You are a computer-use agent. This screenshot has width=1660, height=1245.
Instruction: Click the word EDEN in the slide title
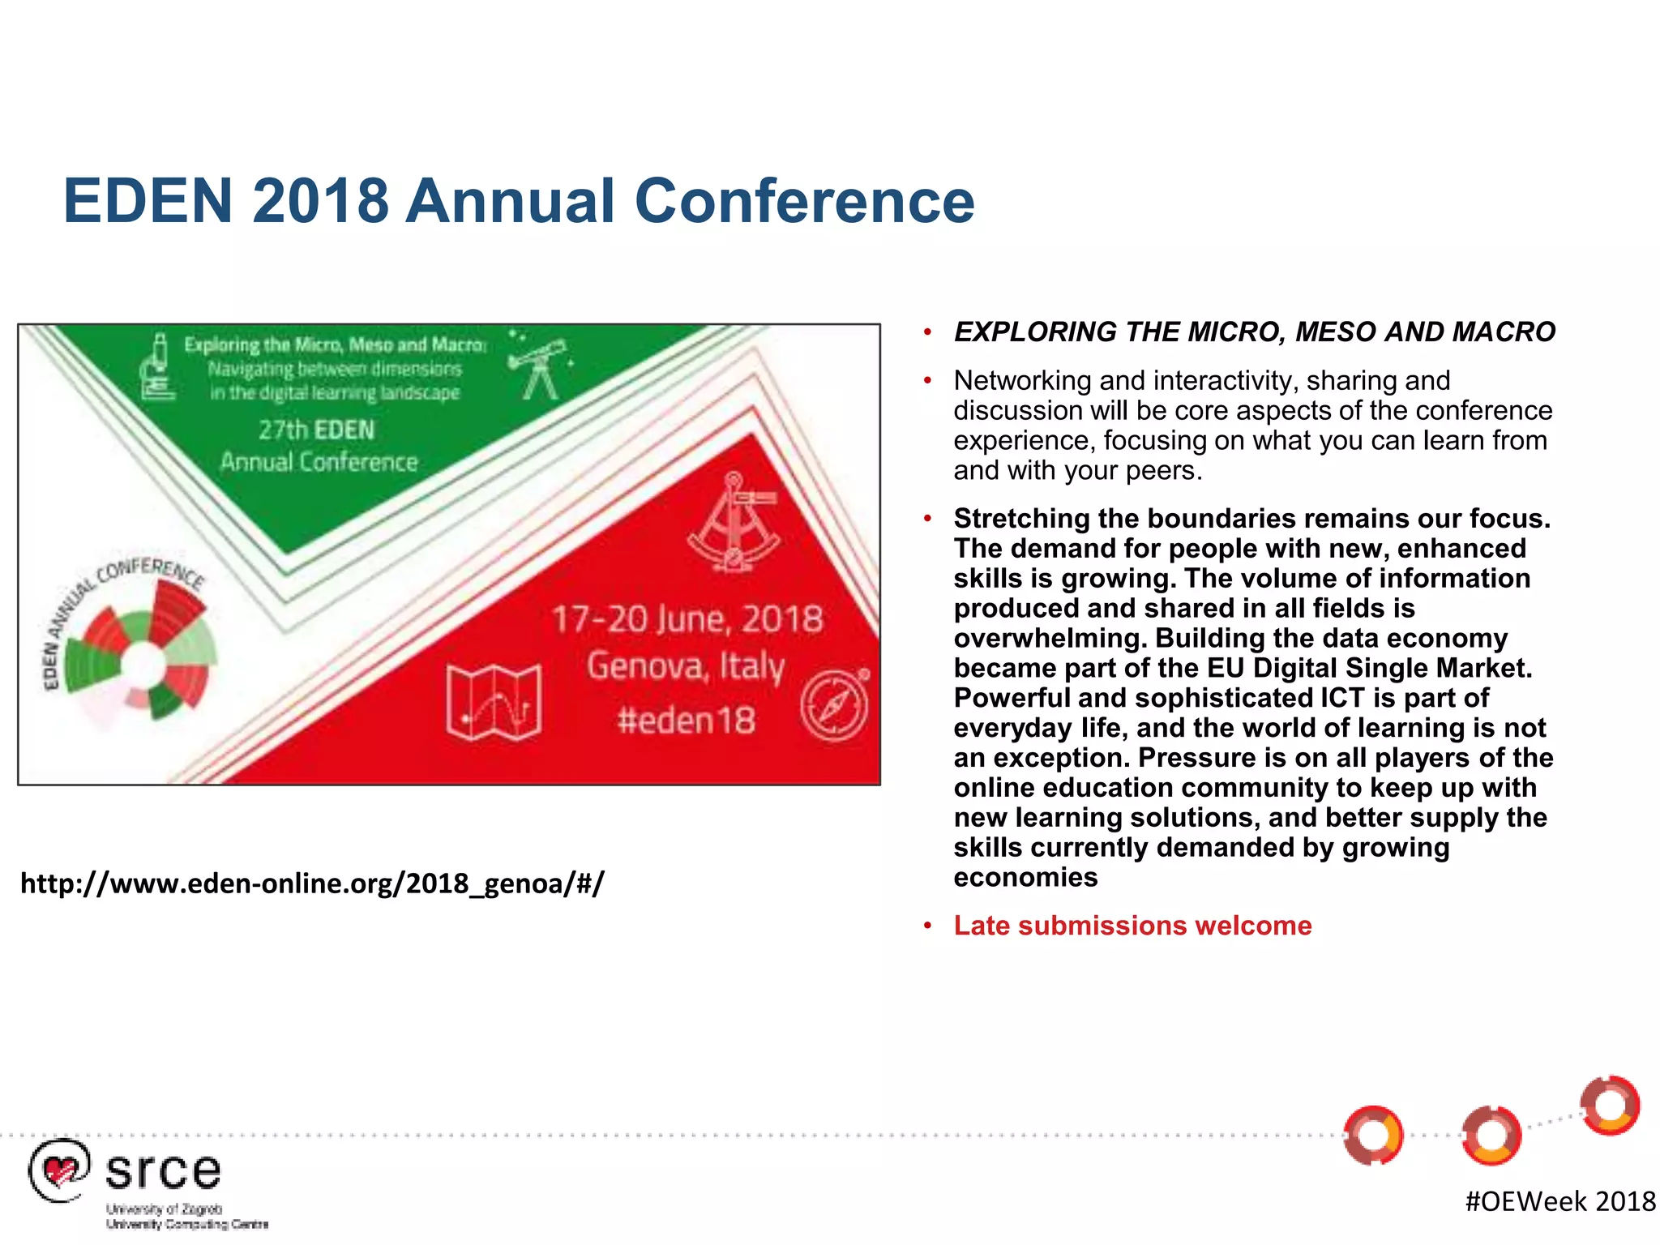point(148,201)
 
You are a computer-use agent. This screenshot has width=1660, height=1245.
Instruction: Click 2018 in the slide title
point(320,201)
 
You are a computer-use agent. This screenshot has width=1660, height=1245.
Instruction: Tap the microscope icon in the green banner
point(157,369)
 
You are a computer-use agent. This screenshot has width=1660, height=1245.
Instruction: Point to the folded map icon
point(494,702)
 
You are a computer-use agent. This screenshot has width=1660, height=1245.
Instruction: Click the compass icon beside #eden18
point(835,704)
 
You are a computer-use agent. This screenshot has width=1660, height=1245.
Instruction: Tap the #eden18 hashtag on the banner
point(686,720)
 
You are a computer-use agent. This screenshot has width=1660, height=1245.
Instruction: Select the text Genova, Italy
point(686,667)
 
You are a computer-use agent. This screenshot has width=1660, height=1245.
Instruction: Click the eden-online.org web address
point(312,883)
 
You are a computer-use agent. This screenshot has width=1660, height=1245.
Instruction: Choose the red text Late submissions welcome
point(1132,926)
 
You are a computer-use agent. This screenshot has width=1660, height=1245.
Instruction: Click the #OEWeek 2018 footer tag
point(1560,1201)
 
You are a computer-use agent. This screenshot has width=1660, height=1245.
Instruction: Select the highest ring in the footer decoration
point(1611,1106)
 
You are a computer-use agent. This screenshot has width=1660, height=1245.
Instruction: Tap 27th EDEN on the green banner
point(317,430)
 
